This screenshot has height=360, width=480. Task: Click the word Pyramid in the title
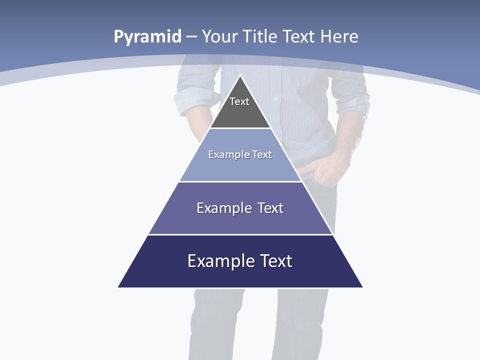click(147, 37)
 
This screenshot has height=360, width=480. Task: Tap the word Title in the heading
click(260, 36)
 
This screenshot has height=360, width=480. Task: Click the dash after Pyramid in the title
click(191, 37)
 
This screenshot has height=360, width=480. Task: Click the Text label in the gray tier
click(239, 101)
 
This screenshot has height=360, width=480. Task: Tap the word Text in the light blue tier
click(262, 154)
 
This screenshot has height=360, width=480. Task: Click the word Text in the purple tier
click(270, 208)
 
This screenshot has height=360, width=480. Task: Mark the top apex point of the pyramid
click(240, 76)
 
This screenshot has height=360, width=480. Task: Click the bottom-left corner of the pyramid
click(118, 287)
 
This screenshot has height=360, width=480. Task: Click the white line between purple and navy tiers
click(240, 234)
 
